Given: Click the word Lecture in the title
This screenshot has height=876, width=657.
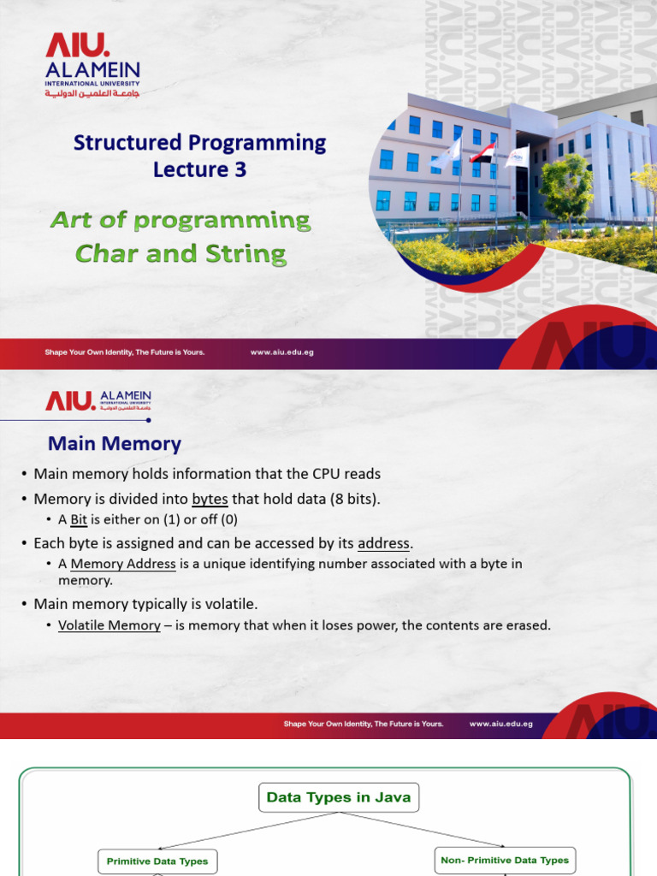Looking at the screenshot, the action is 191,169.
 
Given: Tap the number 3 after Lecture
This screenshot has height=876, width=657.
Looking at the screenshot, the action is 240,169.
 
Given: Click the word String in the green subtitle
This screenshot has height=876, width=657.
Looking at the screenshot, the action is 246,254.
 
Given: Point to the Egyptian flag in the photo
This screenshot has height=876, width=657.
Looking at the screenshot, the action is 482,152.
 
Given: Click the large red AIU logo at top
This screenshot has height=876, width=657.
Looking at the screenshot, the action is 77,45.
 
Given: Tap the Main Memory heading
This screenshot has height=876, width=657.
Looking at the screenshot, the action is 115,444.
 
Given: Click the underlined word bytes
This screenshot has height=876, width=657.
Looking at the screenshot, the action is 210,499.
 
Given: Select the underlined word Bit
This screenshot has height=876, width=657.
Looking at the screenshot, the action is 78,519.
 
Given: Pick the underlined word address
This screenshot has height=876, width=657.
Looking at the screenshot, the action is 383,543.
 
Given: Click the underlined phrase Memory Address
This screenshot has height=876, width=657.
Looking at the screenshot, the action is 123,564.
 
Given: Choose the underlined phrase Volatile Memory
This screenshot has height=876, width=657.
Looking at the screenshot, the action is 109,625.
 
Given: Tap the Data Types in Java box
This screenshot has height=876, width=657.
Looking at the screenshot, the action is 339,797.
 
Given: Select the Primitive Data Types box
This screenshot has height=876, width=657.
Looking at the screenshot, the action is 157,861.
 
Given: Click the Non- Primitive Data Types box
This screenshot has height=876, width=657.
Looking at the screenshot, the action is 505,861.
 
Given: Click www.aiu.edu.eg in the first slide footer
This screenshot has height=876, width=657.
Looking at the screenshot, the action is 281,352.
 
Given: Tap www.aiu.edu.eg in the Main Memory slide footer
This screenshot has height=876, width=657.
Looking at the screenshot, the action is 501,724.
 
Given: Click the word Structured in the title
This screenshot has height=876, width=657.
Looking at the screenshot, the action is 127,143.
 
